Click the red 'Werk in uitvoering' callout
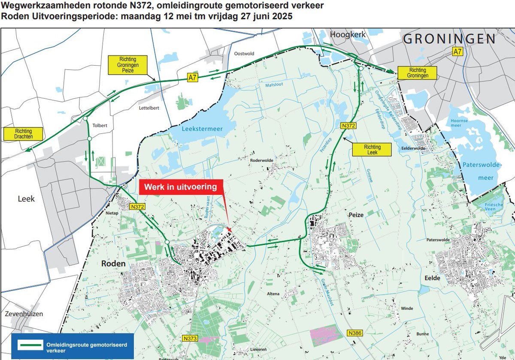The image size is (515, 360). [181, 188]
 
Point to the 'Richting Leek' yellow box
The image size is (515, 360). [372, 149]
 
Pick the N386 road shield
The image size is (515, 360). [355, 333]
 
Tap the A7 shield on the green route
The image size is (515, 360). [194, 78]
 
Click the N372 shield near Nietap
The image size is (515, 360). [137, 207]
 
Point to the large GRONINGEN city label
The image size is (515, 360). [449, 39]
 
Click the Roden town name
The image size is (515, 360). [114, 263]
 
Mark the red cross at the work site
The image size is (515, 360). [230, 230]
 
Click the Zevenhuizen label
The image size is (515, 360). [24, 314]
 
